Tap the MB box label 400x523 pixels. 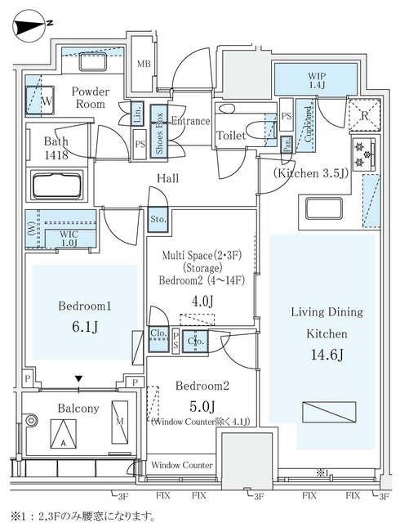click(x=144, y=64)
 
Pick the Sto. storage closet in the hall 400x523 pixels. click(x=158, y=220)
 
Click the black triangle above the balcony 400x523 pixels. click(x=78, y=379)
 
